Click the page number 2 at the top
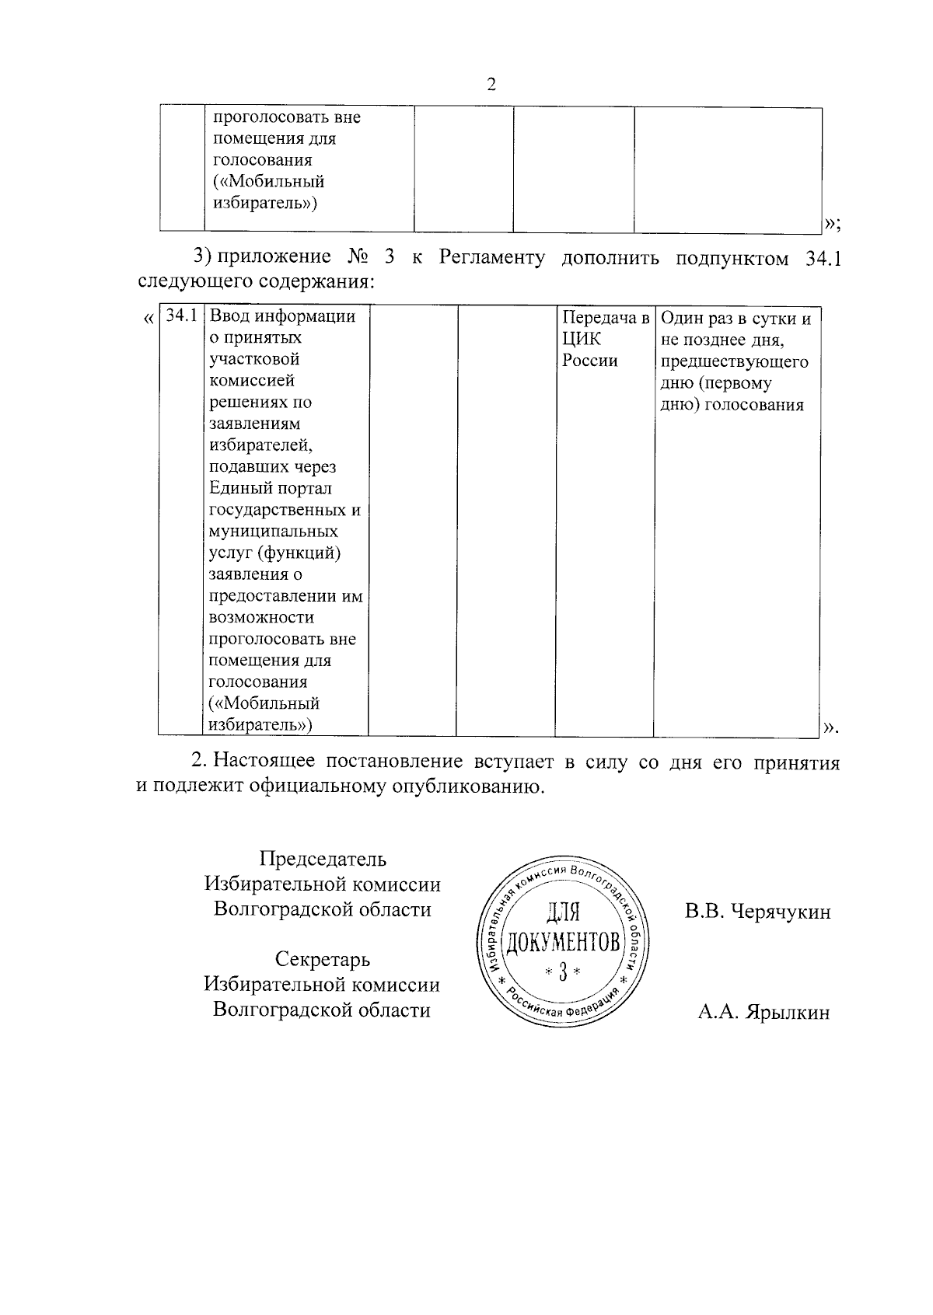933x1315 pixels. [x=491, y=85]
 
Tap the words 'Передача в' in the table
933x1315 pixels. [x=605, y=318]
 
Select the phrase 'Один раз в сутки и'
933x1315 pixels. [x=736, y=319]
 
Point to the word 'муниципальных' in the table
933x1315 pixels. [x=274, y=532]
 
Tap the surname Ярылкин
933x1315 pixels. [x=788, y=1012]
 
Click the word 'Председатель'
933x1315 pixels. [x=322, y=859]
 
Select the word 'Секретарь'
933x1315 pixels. [x=322, y=959]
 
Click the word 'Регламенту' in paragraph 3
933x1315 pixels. [x=491, y=258]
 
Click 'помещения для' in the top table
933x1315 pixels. [x=274, y=139]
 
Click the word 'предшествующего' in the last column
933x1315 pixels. [x=734, y=361]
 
